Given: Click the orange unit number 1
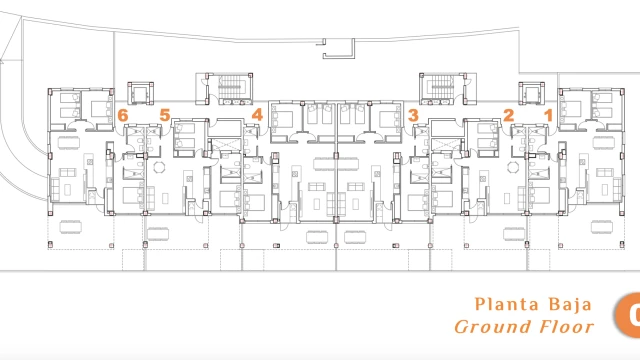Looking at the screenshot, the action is click(549, 115).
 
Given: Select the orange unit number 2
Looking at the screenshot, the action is click(509, 115).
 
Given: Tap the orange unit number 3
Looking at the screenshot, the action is click(413, 115).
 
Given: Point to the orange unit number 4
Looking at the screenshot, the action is click(257, 115).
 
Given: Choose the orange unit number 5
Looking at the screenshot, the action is click(164, 115).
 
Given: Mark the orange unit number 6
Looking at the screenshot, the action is click(123, 115).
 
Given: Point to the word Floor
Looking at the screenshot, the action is click(567, 327).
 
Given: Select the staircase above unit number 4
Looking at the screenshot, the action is click(231, 89).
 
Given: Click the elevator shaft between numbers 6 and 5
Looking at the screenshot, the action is click(140, 93).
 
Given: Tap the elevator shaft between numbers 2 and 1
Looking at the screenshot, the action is click(531, 93).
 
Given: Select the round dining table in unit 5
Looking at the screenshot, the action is click(159, 167).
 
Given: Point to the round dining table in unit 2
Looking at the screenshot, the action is click(513, 167).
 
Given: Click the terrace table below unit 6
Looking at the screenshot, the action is click(71, 227).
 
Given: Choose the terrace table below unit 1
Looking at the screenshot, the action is click(602, 227).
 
